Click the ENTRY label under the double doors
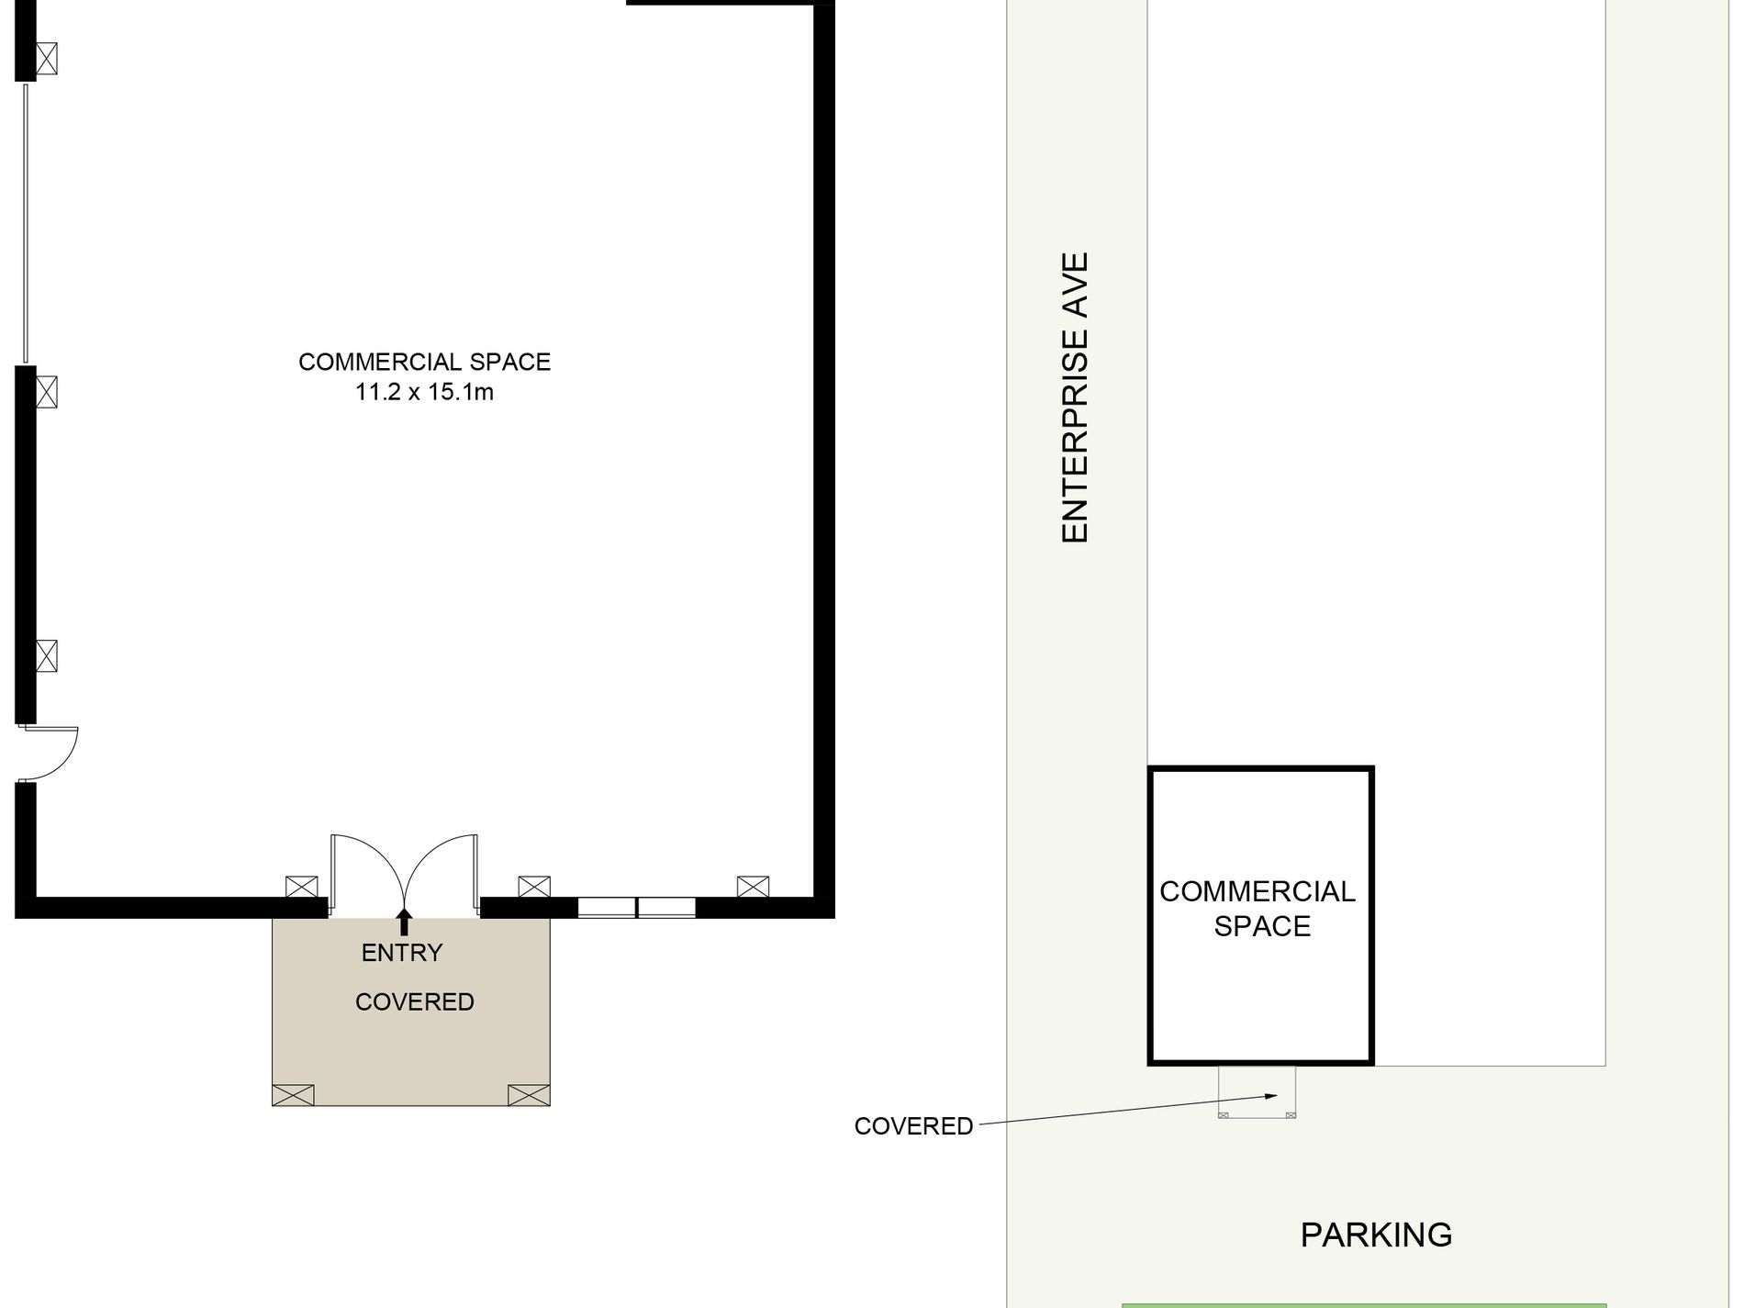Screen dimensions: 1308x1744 click(402, 953)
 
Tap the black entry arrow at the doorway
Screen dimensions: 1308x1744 click(403, 921)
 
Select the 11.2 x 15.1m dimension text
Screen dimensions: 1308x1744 click(424, 393)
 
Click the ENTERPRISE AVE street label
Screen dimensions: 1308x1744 click(1075, 397)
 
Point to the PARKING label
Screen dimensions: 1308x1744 click(1376, 1235)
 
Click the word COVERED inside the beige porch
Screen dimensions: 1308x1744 click(414, 1002)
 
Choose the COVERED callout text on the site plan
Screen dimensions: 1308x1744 click(913, 1126)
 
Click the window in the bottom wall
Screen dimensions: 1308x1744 click(636, 908)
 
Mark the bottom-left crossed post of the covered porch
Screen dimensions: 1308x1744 click(293, 1095)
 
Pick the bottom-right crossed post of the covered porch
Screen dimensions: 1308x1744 click(529, 1095)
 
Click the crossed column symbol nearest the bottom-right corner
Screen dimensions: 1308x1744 click(753, 887)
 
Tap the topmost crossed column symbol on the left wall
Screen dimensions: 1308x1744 click(47, 59)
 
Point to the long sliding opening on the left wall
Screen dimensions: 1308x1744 click(26, 223)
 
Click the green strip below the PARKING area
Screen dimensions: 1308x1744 click(1364, 1305)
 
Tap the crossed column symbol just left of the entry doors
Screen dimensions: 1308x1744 click(301, 887)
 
